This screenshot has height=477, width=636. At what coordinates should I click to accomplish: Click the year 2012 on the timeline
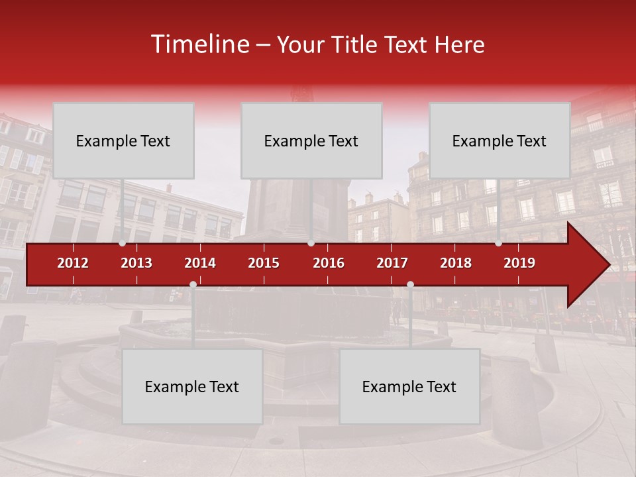(x=73, y=263)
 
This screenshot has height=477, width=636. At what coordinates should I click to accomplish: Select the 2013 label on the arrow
(x=136, y=263)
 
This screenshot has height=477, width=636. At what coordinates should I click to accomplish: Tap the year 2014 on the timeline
(x=200, y=263)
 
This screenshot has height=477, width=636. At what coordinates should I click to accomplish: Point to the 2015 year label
(x=264, y=263)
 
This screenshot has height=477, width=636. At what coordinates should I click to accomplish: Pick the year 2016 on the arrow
(x=329, y=263)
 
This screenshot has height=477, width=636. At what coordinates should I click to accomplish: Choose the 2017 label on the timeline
(x=392, y=263)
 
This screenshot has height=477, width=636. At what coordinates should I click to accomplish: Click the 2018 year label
(x=456, y=263)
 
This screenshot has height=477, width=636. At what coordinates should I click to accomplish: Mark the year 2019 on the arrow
(x=519, y=263)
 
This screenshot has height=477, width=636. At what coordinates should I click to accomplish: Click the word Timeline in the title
(x=199, y=44)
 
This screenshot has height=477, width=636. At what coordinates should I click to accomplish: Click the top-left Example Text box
(x=123, y=140)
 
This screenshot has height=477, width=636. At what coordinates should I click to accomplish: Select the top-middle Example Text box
(x=311, y=140)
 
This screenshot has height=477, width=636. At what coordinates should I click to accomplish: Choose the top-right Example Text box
(x=500, y=140)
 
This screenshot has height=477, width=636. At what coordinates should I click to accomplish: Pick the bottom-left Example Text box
(x=192, y=386)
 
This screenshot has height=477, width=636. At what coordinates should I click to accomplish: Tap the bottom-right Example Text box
(x=409, y=386)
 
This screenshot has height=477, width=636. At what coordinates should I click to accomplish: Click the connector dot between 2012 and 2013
(x=123, y=243)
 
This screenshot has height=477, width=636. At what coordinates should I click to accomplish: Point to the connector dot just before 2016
(x=311, y=243)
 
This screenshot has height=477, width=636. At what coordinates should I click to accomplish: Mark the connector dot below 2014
(x=193, y=285)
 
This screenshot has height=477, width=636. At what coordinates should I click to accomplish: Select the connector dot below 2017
(x=410, y=285)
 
